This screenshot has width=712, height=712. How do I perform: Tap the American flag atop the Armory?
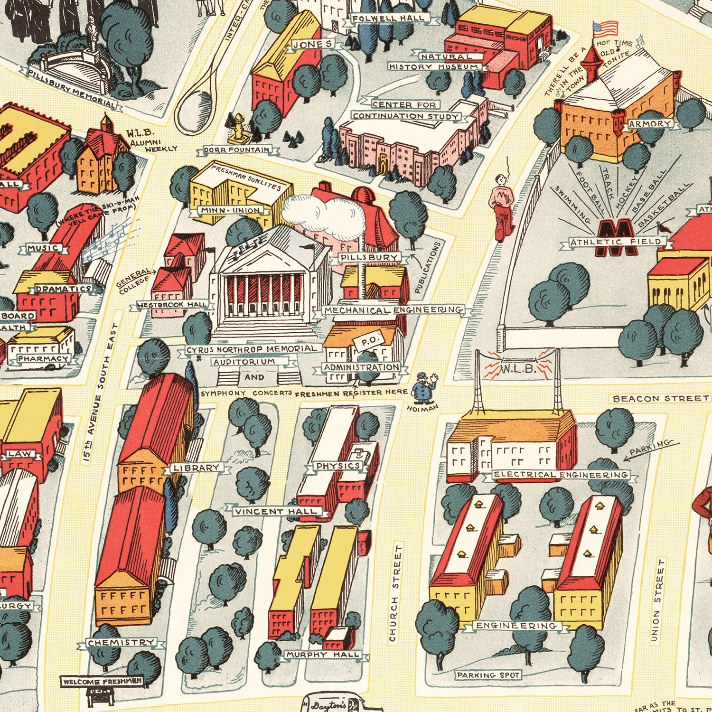click(x=606, y=28)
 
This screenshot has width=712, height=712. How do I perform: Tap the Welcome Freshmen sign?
click(x=102, y=682)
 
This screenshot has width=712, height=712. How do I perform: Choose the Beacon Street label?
click(x=660, y=398)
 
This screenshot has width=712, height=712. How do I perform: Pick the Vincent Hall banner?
click(x=275, y=511)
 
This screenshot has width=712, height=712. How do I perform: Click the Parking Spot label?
click(x=488, y=675)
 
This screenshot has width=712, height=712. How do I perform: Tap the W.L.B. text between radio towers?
click(x=518, y=368)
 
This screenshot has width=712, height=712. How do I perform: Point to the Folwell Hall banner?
click(x=388, y=19)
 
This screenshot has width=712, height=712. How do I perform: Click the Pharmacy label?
click(x=43, y=359)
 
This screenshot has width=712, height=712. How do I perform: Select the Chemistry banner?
click(x=121, y=643)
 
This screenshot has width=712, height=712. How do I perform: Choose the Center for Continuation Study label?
click(x=406, y=110)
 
